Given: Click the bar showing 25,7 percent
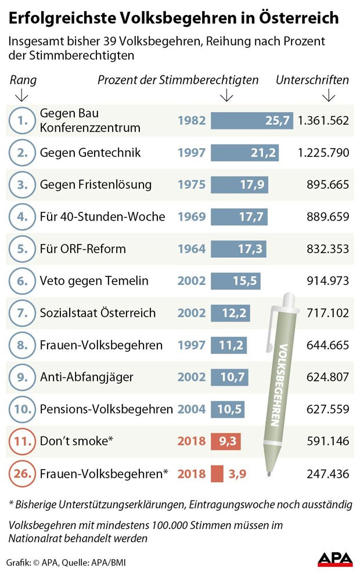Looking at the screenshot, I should pos(251,121).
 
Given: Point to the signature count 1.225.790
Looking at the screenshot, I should pos(323,153).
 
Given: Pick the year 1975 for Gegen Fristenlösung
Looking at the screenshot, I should pos(192,185).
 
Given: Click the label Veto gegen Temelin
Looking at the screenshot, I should pos(94,281).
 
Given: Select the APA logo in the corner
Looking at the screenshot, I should pos(335,558).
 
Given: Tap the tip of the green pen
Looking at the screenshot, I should pos(268,474).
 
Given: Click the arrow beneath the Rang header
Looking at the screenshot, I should pos(23,95).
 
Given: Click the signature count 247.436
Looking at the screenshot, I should pos(327,474).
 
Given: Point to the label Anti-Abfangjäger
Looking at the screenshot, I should pos(87,377).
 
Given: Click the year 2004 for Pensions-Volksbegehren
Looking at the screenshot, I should pos(192,409).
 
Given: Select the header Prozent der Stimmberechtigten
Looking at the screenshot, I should pos(178,80).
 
